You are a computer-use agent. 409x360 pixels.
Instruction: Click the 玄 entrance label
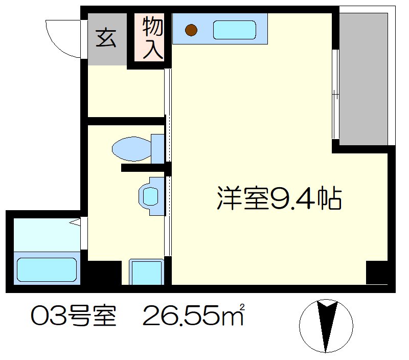106,38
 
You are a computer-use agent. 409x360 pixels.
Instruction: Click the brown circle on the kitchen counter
191,31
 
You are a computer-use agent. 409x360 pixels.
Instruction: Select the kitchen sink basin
234,30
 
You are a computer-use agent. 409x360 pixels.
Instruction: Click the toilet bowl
130,149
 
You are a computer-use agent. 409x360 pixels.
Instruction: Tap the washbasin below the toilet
150,196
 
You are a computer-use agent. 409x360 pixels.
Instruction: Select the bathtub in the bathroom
47,269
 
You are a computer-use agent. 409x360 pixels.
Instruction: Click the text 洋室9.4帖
279,198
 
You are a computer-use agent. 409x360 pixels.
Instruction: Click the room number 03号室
74,318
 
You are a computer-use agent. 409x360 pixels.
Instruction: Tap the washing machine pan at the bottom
146,272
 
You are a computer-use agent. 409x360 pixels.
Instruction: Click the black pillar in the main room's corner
377,273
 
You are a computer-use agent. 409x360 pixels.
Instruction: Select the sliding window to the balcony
335,95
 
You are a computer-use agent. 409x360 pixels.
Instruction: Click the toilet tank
158,149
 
